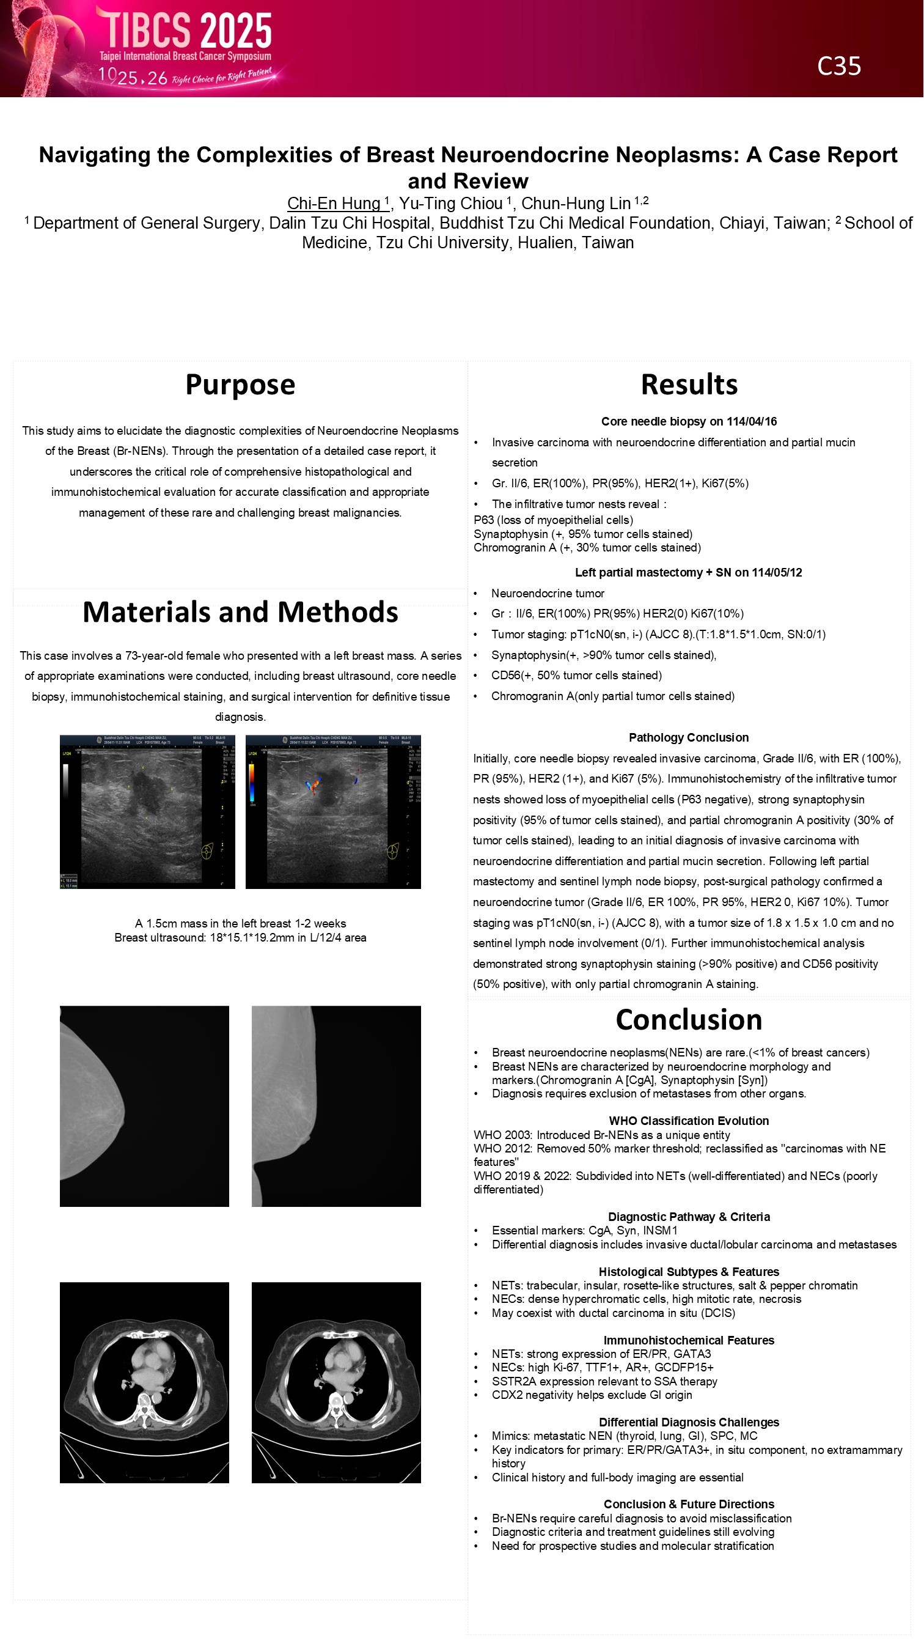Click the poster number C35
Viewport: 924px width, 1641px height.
click(838, 66)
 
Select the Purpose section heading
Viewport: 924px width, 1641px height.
click(240, 385)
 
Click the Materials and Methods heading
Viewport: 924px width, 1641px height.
click(240, 612)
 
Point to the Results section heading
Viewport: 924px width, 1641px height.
click(689, 385)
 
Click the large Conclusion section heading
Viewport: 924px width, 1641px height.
click(689, 1020)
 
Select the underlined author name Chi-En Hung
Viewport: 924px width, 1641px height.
click(334, 203)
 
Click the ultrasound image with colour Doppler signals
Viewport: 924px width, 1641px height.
click(333, 811)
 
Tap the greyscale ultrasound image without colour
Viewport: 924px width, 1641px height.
click(147, 811)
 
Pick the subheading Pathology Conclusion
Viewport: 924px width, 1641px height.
click(689, 738)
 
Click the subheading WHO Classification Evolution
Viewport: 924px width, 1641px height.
click(689, 1121)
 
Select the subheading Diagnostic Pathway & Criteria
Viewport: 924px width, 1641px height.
click(689, 1217)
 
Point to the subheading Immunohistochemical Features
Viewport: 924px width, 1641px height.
click(689, 1340)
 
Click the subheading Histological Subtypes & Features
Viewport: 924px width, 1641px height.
click(689, 1272)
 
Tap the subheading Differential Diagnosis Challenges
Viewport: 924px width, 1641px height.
click(689, 1423)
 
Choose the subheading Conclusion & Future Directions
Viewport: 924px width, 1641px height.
click(689, 1505)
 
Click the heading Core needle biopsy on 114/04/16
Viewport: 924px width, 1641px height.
click(689, 422)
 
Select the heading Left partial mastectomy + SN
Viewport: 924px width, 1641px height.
click(688, 573)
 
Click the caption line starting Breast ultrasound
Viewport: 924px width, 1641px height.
click(240, 938)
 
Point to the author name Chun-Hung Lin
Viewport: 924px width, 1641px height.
click(576, 203)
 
